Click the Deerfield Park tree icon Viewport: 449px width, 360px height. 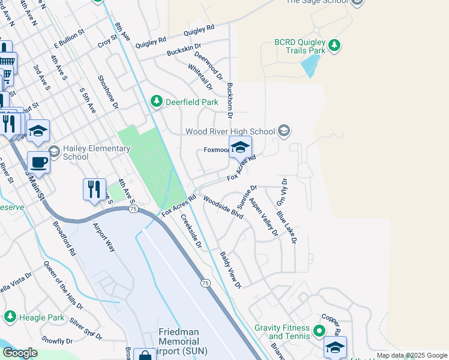(x=157, y=102)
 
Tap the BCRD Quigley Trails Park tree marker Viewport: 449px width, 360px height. (x=335, y=46)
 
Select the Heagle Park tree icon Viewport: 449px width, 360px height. (x=10, y=316)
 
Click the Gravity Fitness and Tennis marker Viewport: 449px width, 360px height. (x=319, y=330)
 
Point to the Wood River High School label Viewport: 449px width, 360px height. (x=231, y=131)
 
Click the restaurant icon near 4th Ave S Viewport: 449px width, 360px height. (x=94, y=189)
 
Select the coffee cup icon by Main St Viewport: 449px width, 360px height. (x=38, y=162)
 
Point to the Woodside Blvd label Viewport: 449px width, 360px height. (x=223, y=206)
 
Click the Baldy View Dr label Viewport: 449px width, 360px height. (x=230, y=269)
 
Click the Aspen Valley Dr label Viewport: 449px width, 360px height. (x=264, y=216)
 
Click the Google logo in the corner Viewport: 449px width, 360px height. (x=20, y=353)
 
